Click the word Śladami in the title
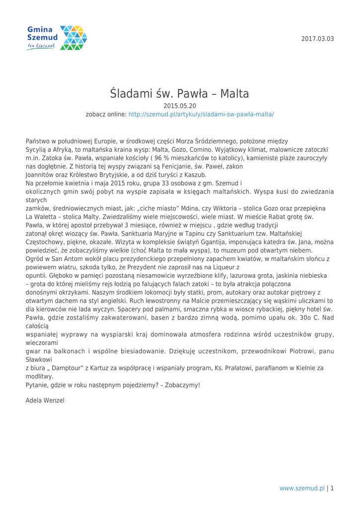(136, 93)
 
